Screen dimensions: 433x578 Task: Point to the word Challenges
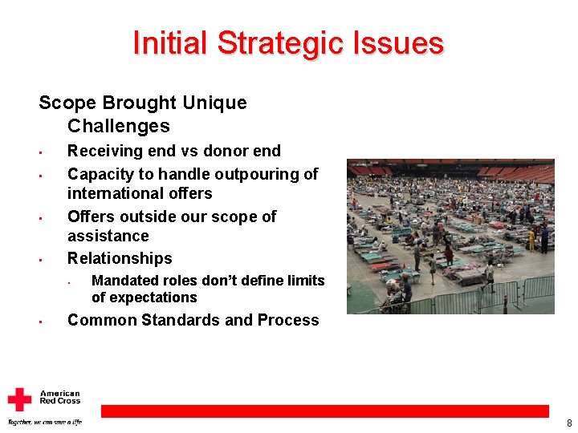tap(119, 126)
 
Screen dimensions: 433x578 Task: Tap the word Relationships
tap(120, 258)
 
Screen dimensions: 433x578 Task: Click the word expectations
tap(144, 297)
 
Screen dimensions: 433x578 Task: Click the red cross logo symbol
tap(19, 399)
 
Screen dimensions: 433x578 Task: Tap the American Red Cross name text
tap(60, 398)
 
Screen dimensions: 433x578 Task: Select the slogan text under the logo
tap(44, 422)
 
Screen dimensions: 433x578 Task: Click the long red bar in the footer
tap(324, 411)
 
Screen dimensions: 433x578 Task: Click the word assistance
tap(108, 236)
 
